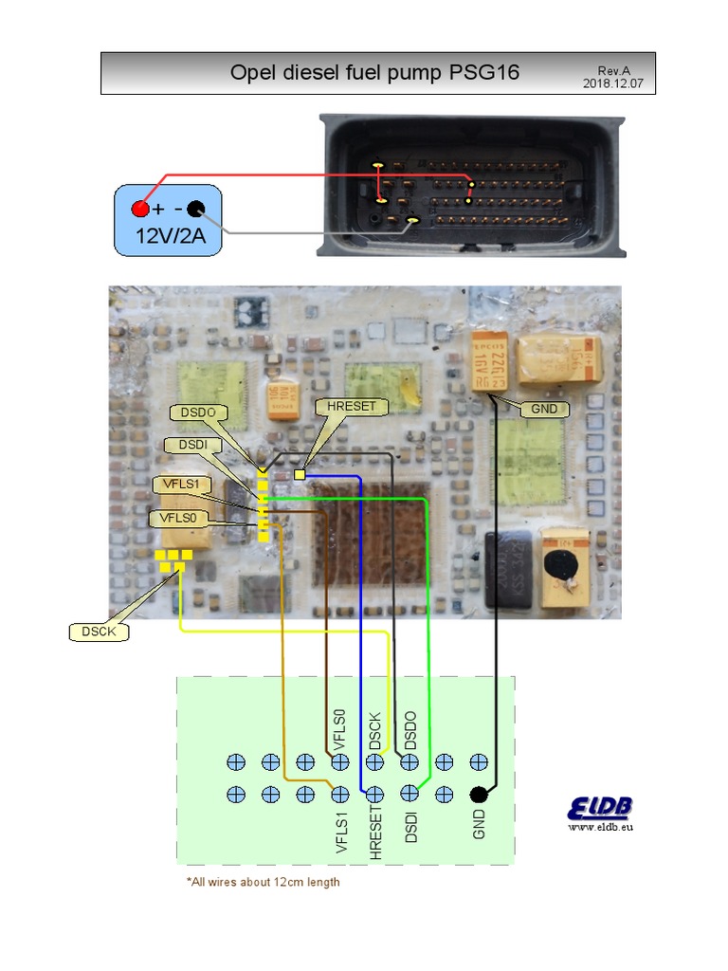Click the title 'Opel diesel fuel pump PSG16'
coord(374,73)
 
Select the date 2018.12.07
coord(612,83)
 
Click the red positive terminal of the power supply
coord(140,209)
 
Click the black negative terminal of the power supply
coord(196,209)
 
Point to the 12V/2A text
coord(170,235)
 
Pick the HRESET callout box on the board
coord(351,406)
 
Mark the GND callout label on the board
coord(545,410)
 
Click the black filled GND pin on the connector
coord(479,795)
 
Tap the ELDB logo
coord(600,808)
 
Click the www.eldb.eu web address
coord(600,828)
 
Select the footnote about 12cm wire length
coord(264,882)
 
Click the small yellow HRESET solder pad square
coord(300,474)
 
